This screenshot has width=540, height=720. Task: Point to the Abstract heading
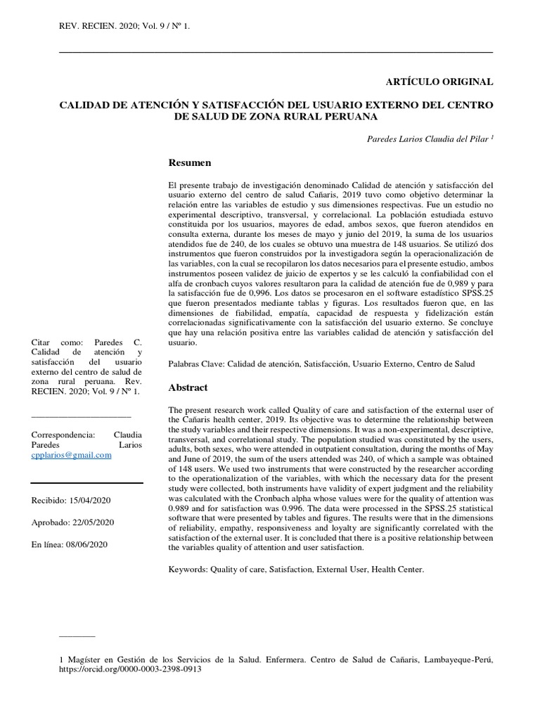pos(188,387)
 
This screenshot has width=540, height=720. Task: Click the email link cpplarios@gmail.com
pos(72,455)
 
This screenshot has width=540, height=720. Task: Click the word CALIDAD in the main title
pos(85,105)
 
